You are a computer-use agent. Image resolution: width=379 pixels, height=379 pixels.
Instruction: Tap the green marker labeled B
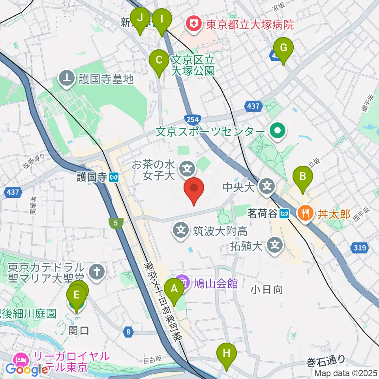303,177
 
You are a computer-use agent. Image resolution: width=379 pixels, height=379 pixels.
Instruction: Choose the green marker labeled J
140,18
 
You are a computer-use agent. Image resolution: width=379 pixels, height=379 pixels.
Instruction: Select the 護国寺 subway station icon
114,178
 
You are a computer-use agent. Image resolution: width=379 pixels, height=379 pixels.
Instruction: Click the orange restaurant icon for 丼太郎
305,214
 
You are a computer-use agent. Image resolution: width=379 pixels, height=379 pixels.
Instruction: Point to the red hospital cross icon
193,25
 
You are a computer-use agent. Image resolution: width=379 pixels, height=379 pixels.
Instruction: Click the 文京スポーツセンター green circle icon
278,131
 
